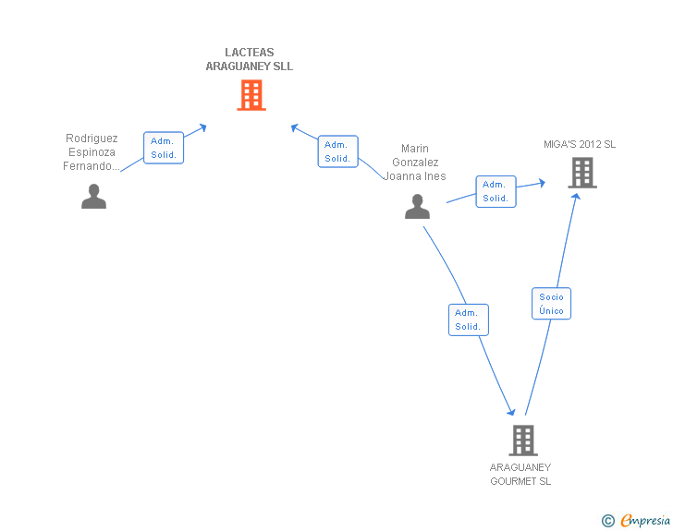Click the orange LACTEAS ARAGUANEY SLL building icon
(251, 95)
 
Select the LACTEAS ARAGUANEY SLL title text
(250, 60)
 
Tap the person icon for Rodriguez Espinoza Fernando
(93, 196)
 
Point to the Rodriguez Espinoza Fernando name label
(92, 152)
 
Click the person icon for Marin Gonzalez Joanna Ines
(417, 207)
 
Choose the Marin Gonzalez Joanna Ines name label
(415, 163)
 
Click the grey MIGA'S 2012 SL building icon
(581, 173)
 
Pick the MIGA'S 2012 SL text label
(580, 144)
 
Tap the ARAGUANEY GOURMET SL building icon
(522, 440)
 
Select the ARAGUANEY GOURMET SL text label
(520, 474)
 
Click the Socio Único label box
(552, 304)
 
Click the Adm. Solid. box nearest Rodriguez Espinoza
(164, 148)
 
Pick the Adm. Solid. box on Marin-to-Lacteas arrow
(337, 151)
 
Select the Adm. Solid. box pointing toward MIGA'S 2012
(496, 191)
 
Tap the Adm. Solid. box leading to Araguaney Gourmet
(468, 320)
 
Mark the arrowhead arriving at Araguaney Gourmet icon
(510, 412)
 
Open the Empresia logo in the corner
(644, 521)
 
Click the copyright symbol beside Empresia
(608, 522)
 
